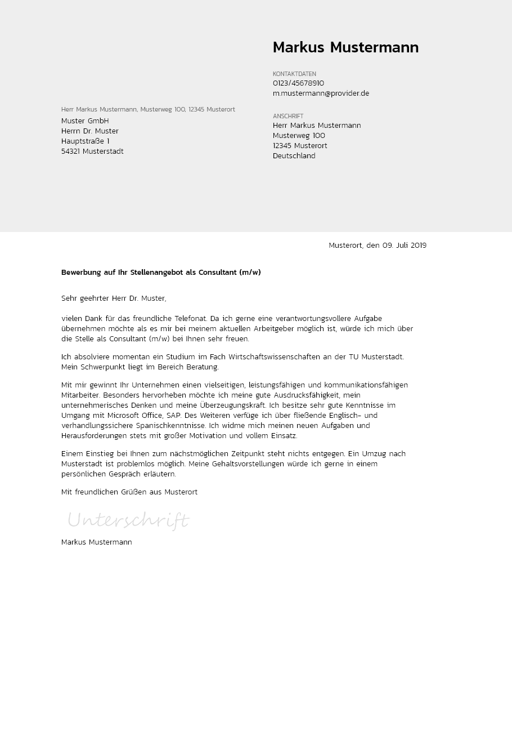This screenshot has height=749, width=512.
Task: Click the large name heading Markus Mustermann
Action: click(x=345, y=48)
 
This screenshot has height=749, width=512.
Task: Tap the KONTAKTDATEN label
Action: click(x=294, y=74)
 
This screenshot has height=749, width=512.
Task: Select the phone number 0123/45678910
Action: click(x=298, y=83)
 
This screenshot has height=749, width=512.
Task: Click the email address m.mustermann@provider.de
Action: click(x=321, y=93)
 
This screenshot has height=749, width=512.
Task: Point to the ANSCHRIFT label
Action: click(x=288, y=116)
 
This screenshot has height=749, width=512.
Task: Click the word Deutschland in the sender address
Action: click(x=294, y=156)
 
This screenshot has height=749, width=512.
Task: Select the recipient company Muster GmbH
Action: click(x=85, y=121)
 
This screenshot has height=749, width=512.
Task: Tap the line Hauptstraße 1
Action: click(x=86, y=141)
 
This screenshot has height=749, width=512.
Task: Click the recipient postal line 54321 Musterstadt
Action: click(x=92, y=151)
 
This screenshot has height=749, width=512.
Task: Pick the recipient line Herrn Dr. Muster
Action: click(x=90, y=131)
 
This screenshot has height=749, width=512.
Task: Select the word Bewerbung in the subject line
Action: click(x=81, y=273)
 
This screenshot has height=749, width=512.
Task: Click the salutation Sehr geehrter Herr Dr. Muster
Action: click(x=114, y=298)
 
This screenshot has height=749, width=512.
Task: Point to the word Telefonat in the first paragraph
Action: click(x=191, y=319)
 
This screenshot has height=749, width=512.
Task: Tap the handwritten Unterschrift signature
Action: click(x=128, y=520)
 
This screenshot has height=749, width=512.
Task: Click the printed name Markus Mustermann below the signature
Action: click(x=97, y=542)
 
